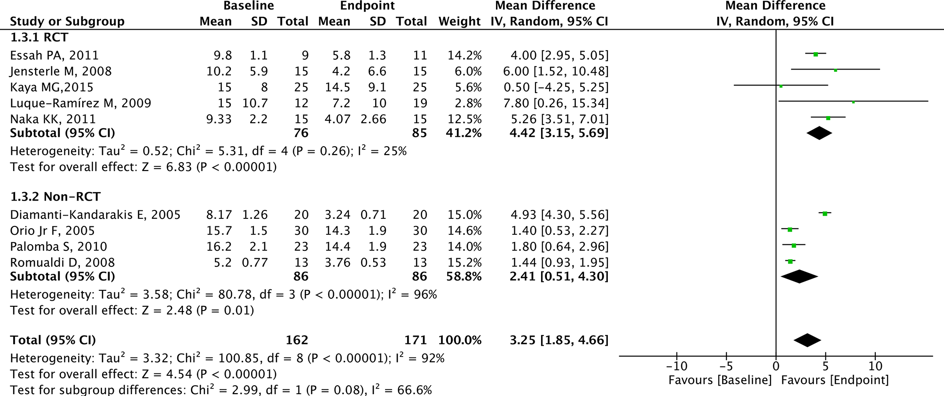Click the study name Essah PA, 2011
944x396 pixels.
(x=55, y=55)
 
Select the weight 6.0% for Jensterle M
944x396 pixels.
(x=464, y=71)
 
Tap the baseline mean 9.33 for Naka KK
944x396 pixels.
(x=219, y=119)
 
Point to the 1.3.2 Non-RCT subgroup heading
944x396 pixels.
(x=55, y=196)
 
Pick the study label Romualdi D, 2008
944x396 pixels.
(x=63, y=263)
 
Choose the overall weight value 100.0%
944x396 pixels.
(x=460, y=340)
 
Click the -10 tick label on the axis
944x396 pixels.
(x=677, y=366)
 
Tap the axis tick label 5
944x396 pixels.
(x=825, y=366)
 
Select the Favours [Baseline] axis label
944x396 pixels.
(x=720, y=380)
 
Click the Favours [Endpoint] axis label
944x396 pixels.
(x=835, y=380)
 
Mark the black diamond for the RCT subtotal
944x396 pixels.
(x=819, y=133)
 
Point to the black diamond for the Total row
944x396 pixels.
(x=807, y=340)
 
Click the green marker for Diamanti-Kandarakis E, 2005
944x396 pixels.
(x=825, y=214)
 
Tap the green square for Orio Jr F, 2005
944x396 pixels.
(x=790, y=230)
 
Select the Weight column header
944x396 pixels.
(x=459, y=22)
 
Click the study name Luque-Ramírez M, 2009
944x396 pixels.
(x=81, y=103)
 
